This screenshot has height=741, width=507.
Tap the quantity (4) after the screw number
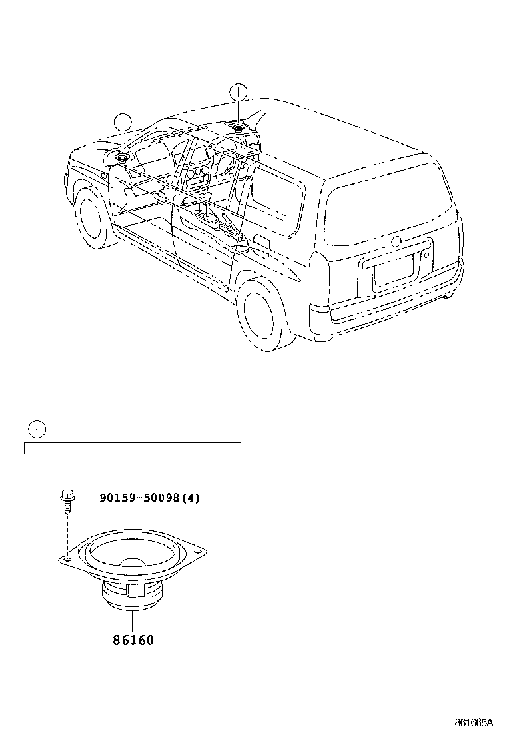click(x=191, y=498)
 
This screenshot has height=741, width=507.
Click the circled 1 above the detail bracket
click(x=37, y=429)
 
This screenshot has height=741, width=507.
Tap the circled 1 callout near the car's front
click(x=123, y=123)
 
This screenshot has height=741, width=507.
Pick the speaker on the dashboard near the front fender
click(x=123, y=157)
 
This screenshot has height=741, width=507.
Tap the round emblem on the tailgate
click(x=397, y=241)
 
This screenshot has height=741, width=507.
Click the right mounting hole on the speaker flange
click(x=198, y=550)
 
